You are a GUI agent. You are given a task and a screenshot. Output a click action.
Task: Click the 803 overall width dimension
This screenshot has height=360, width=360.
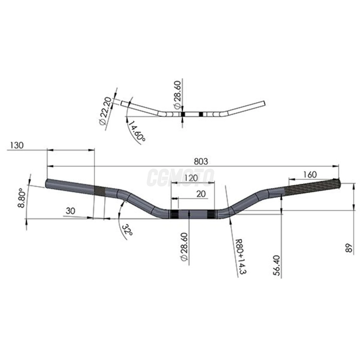201,161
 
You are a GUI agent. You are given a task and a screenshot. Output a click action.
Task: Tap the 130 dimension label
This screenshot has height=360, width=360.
17,145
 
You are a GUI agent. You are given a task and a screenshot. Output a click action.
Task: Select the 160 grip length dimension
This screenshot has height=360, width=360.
310,175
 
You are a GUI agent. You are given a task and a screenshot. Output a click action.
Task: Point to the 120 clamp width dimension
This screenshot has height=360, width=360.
191,178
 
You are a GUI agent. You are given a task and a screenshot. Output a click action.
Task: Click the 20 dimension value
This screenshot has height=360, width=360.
201,194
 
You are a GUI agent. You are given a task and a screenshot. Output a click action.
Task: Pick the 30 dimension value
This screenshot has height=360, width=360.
70,211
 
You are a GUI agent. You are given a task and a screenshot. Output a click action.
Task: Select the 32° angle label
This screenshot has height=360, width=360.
127,230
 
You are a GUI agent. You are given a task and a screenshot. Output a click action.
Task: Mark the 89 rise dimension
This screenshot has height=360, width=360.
349,248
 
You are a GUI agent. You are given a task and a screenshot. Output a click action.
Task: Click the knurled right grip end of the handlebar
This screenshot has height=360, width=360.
314,187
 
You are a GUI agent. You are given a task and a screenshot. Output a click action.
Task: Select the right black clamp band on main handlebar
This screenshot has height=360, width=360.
211,214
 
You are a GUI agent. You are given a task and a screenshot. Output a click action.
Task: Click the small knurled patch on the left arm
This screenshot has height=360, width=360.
100,191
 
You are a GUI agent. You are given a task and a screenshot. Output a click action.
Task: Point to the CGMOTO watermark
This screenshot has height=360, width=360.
180,177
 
